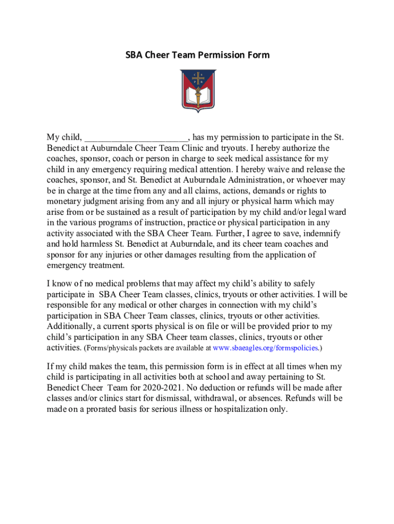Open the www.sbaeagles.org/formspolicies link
point(266,348)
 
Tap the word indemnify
point(323,233)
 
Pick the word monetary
point(64,202)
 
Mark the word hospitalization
point(251,409)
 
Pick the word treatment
point(106,266)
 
